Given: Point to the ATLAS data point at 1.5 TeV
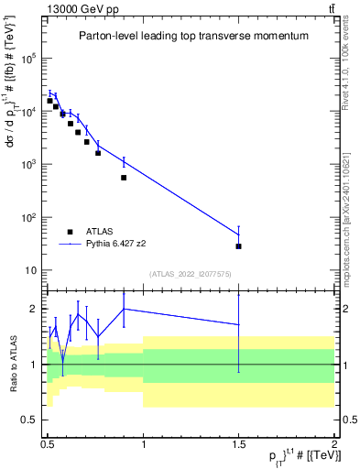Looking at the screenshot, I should tap(238, 246).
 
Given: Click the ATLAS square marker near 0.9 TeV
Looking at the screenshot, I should tap(124, 178).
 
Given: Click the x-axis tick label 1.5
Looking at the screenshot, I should tap(238, 448).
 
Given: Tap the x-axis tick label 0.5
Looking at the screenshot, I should tap(48, 448).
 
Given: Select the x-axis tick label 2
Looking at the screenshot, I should tap(334, 448).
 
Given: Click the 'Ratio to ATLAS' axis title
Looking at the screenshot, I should tap(12, 365).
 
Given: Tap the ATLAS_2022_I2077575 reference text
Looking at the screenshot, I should tap(191, 274).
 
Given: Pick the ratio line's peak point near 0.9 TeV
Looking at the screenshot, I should tap(124, 309).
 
